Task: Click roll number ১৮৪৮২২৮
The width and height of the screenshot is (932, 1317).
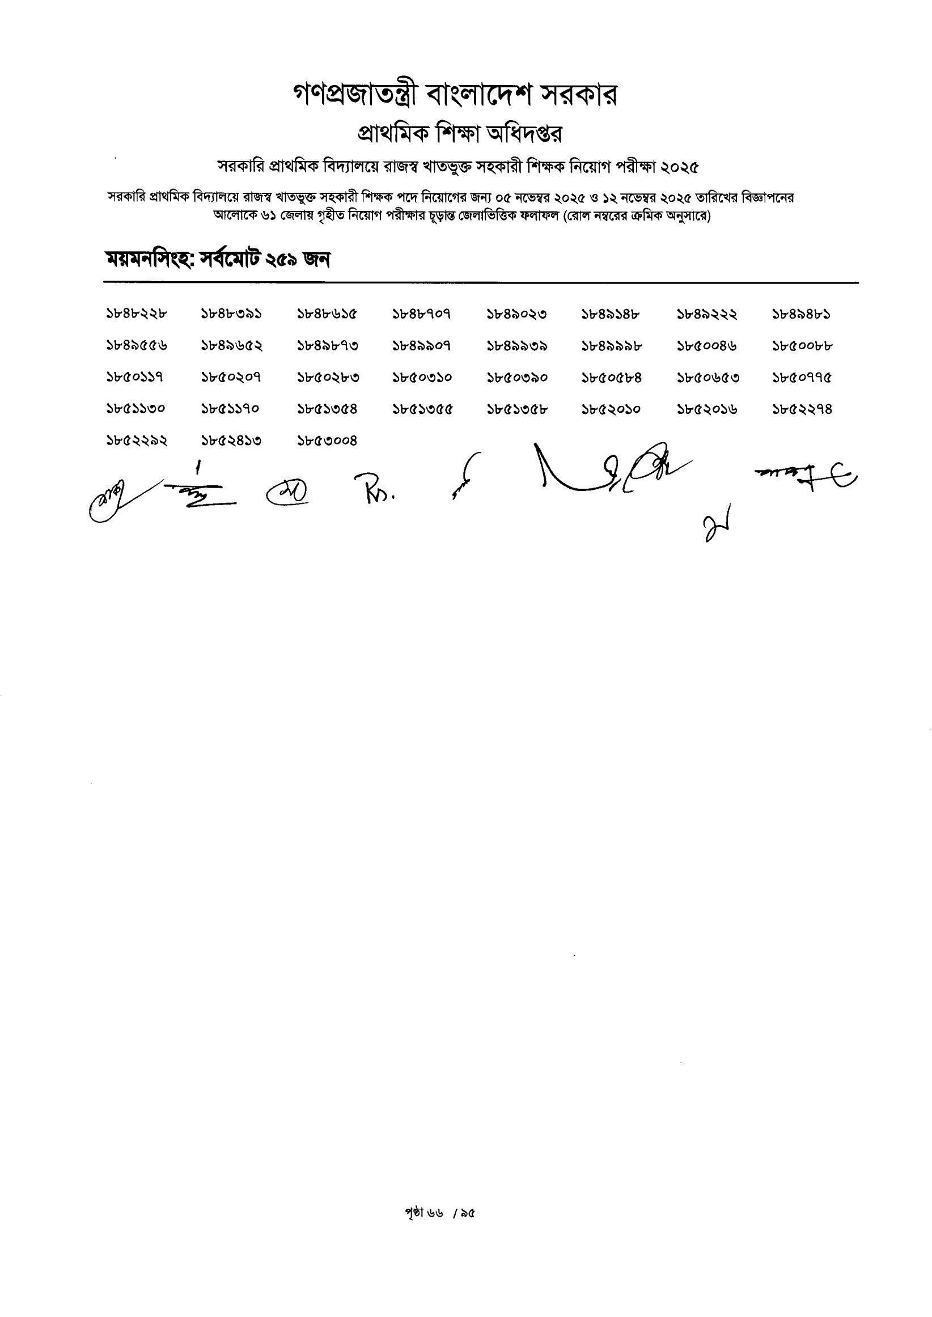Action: click(x=137, y=314)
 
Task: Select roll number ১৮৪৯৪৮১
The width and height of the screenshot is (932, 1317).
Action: click(x=802, y=314)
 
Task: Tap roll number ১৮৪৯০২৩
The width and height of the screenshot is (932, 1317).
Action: click(x=516, y=314)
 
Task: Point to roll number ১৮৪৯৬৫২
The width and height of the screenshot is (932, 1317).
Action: click(x=232, y=345)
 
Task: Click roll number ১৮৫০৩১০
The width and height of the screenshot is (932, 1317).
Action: click(x=422, y=377)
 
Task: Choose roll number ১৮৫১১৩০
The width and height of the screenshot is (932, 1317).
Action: click(x=137, y=409)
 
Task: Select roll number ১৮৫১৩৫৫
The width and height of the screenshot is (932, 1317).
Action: click(x=422, y=409)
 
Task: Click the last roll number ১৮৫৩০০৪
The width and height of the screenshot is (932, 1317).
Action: click(x=327, y=440)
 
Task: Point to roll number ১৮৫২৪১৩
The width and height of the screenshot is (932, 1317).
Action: click(x=232, y=440)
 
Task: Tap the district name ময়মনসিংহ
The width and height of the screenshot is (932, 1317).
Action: click(x=149, y=260)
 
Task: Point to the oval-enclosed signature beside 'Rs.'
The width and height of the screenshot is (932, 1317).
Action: click(x=287, y=490)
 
